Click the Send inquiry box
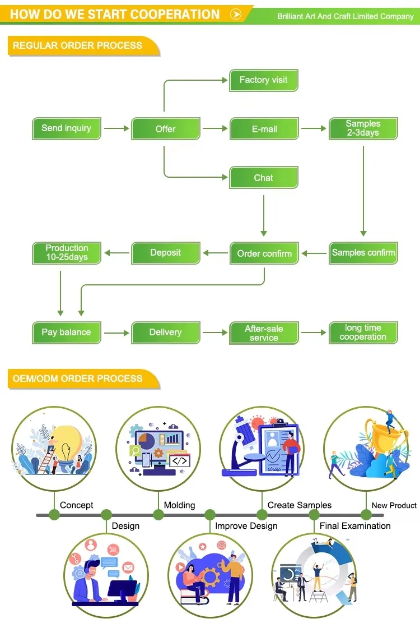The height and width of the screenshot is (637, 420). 66,128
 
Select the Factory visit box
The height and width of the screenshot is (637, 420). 263,80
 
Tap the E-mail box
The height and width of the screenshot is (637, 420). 264,129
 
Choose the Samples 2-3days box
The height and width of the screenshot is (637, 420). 363,128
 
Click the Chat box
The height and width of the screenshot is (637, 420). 263,178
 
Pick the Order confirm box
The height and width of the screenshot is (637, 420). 264,253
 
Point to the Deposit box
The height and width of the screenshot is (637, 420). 165,253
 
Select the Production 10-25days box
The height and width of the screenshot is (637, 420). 67,253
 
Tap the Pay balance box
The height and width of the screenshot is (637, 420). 66,333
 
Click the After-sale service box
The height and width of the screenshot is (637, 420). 264,333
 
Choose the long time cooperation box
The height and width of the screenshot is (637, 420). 363,333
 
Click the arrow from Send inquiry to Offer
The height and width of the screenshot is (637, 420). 116,129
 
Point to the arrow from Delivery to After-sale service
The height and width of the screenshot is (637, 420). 215,333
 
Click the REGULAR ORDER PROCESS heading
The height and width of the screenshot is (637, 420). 78,45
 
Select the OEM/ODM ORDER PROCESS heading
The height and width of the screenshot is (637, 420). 78,378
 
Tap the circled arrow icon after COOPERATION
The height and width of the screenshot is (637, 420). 236,15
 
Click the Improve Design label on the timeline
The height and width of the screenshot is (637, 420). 246,526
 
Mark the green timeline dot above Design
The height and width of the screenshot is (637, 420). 106,515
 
